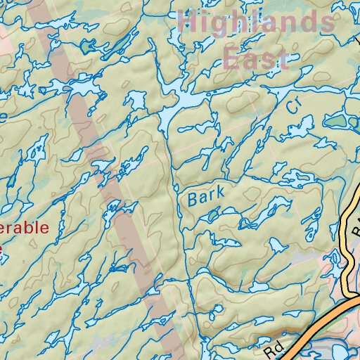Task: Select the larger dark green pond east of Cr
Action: click(x=337, y=121)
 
